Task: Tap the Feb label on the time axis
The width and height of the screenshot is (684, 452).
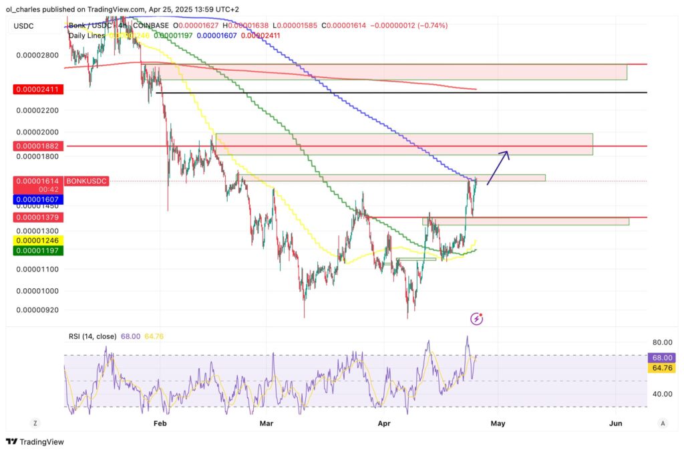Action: click(159, 423)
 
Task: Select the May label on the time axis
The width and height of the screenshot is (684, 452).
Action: click(498, 423)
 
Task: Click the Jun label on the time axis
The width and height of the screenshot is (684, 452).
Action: click(616, 423)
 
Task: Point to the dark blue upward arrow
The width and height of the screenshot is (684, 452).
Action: click(498, 167)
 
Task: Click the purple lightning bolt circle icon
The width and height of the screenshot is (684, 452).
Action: click(476, 318)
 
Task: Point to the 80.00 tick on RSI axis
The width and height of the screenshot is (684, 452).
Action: click(663, 342)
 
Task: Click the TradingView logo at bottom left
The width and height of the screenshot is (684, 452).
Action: click(33, 442)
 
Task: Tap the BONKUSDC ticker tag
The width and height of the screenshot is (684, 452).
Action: click(86, 181)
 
